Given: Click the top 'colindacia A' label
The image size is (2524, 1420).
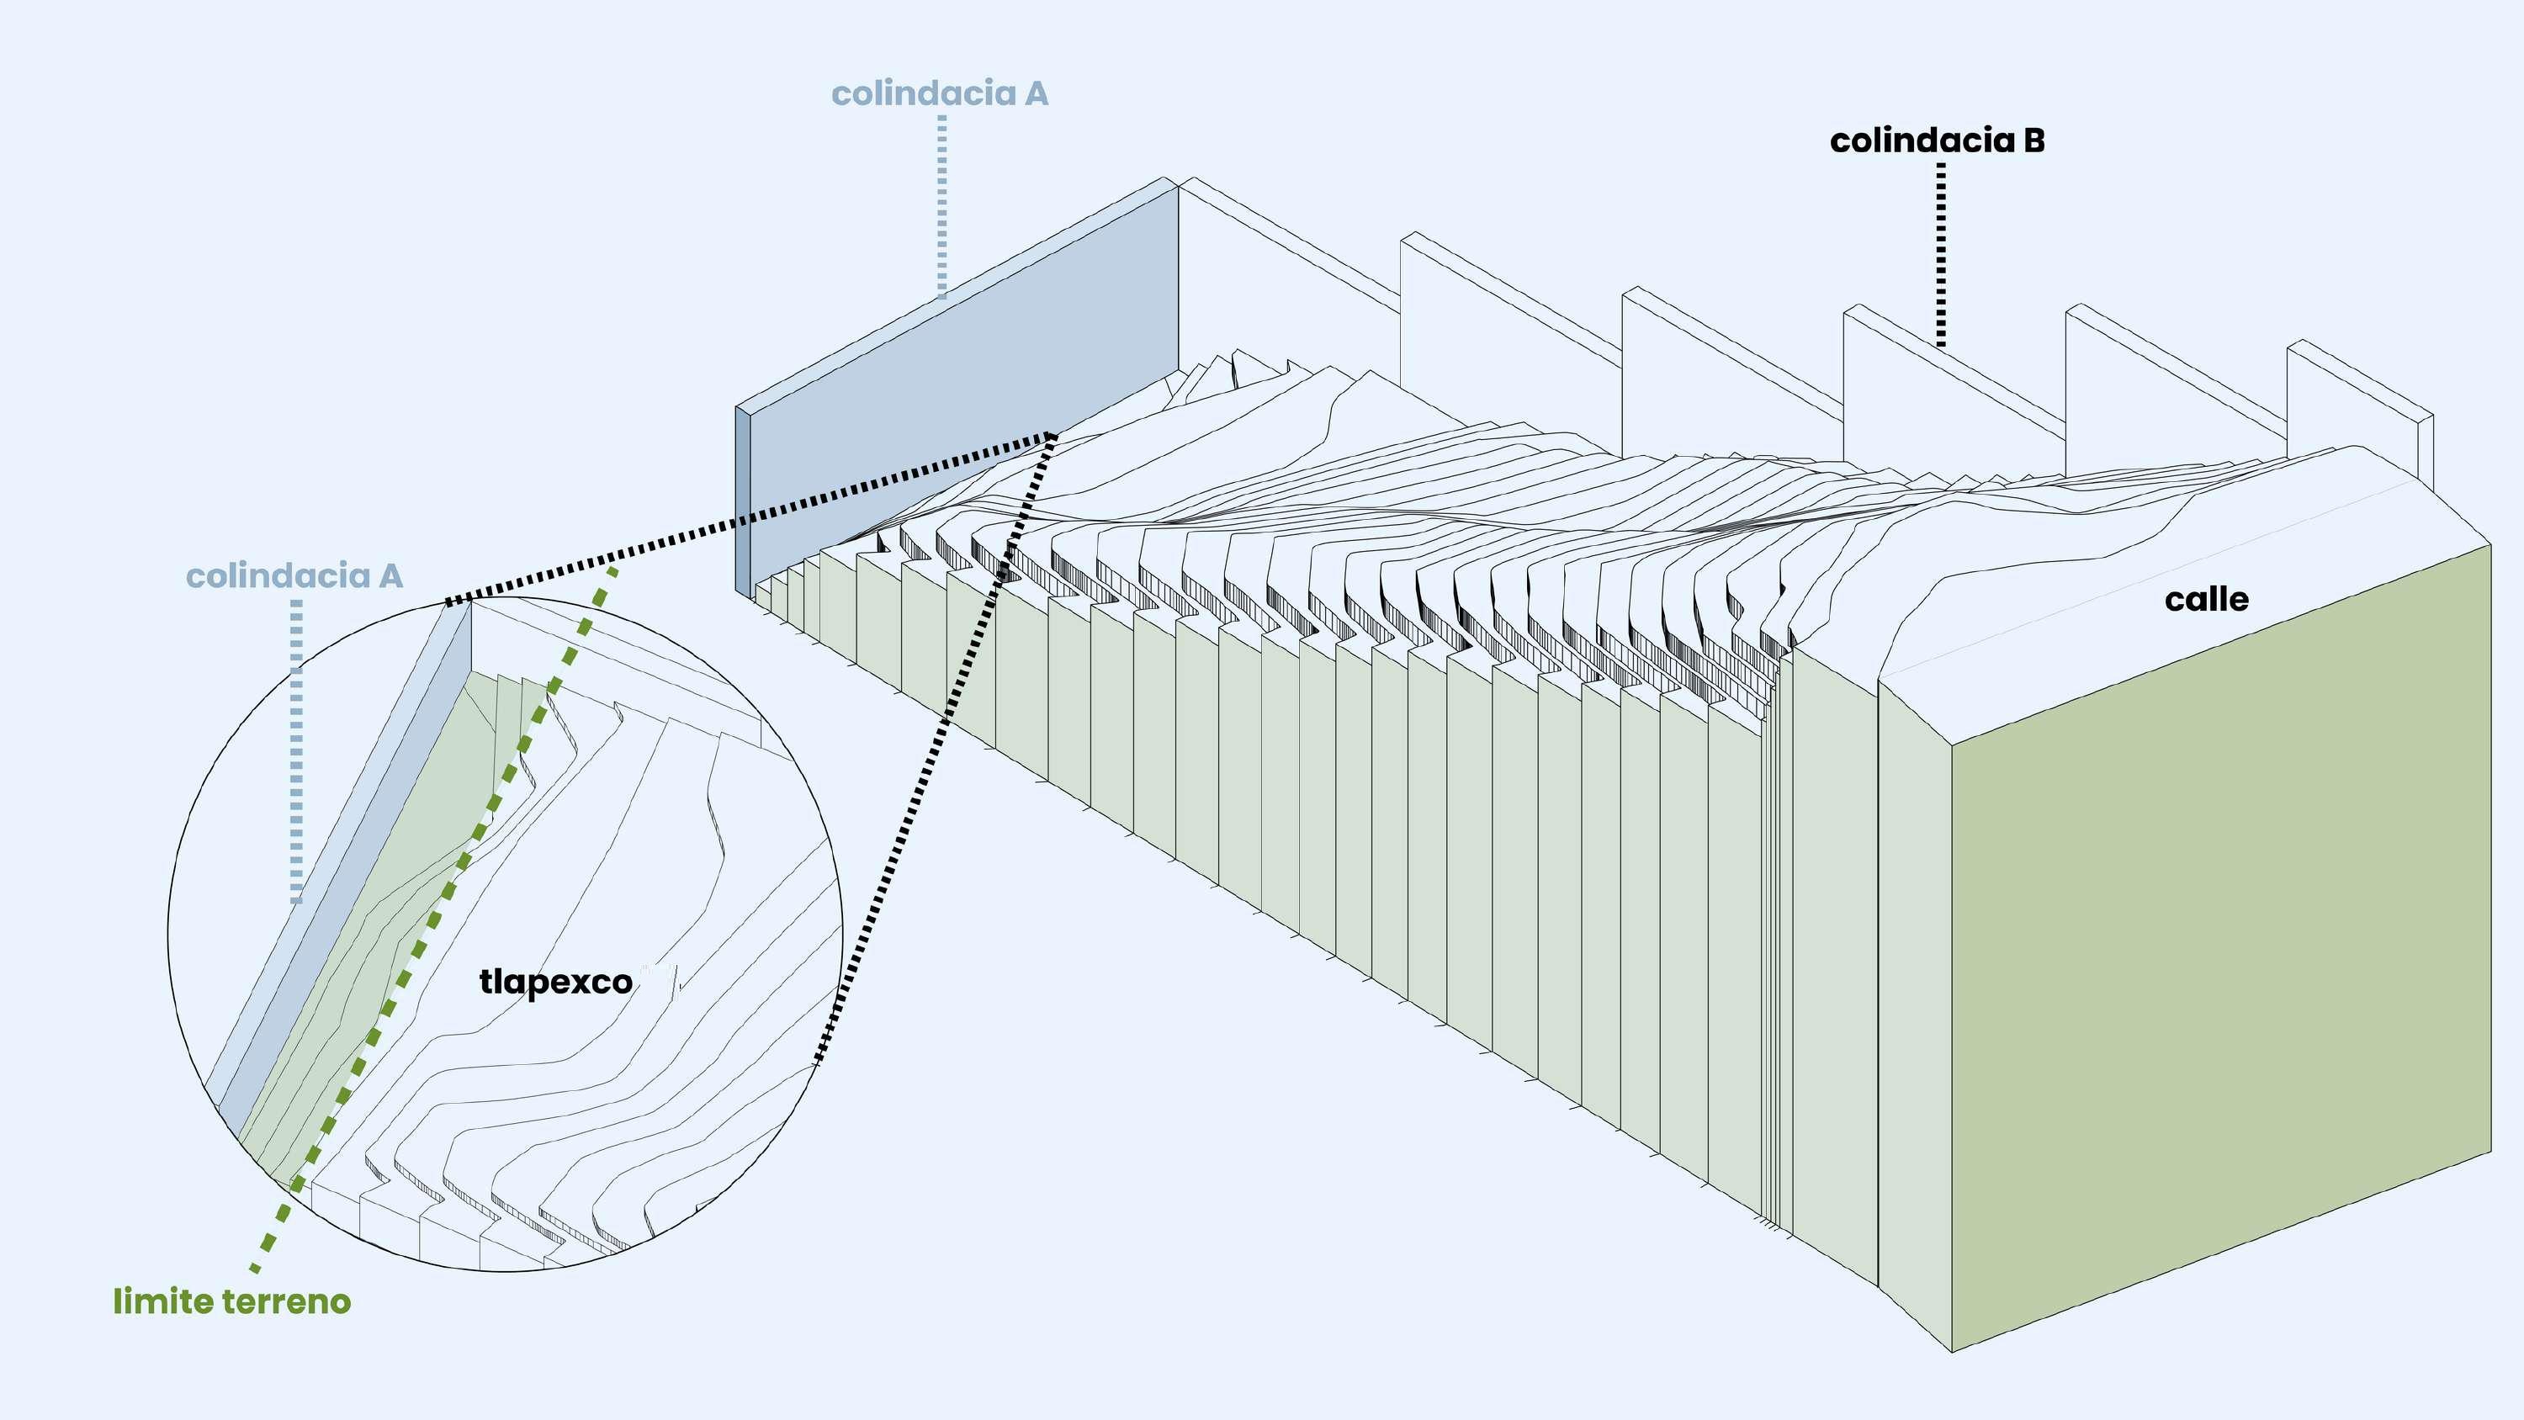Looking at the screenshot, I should coord(939,94).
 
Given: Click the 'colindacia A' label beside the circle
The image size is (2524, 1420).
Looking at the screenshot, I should coord(294,576).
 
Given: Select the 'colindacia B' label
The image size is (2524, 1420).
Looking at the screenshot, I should coord(1936,141).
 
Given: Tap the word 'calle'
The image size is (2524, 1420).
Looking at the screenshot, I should coord(2206,600).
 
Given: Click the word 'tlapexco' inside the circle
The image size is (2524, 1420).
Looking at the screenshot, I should coord(555,982).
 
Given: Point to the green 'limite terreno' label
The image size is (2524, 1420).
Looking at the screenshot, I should coord(231,1301).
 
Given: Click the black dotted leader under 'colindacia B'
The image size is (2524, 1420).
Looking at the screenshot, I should coord(1940,255).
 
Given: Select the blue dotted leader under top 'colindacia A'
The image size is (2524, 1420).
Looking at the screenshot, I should coord(941,206).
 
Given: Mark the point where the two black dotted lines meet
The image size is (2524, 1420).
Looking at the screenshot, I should coord(1053,435).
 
